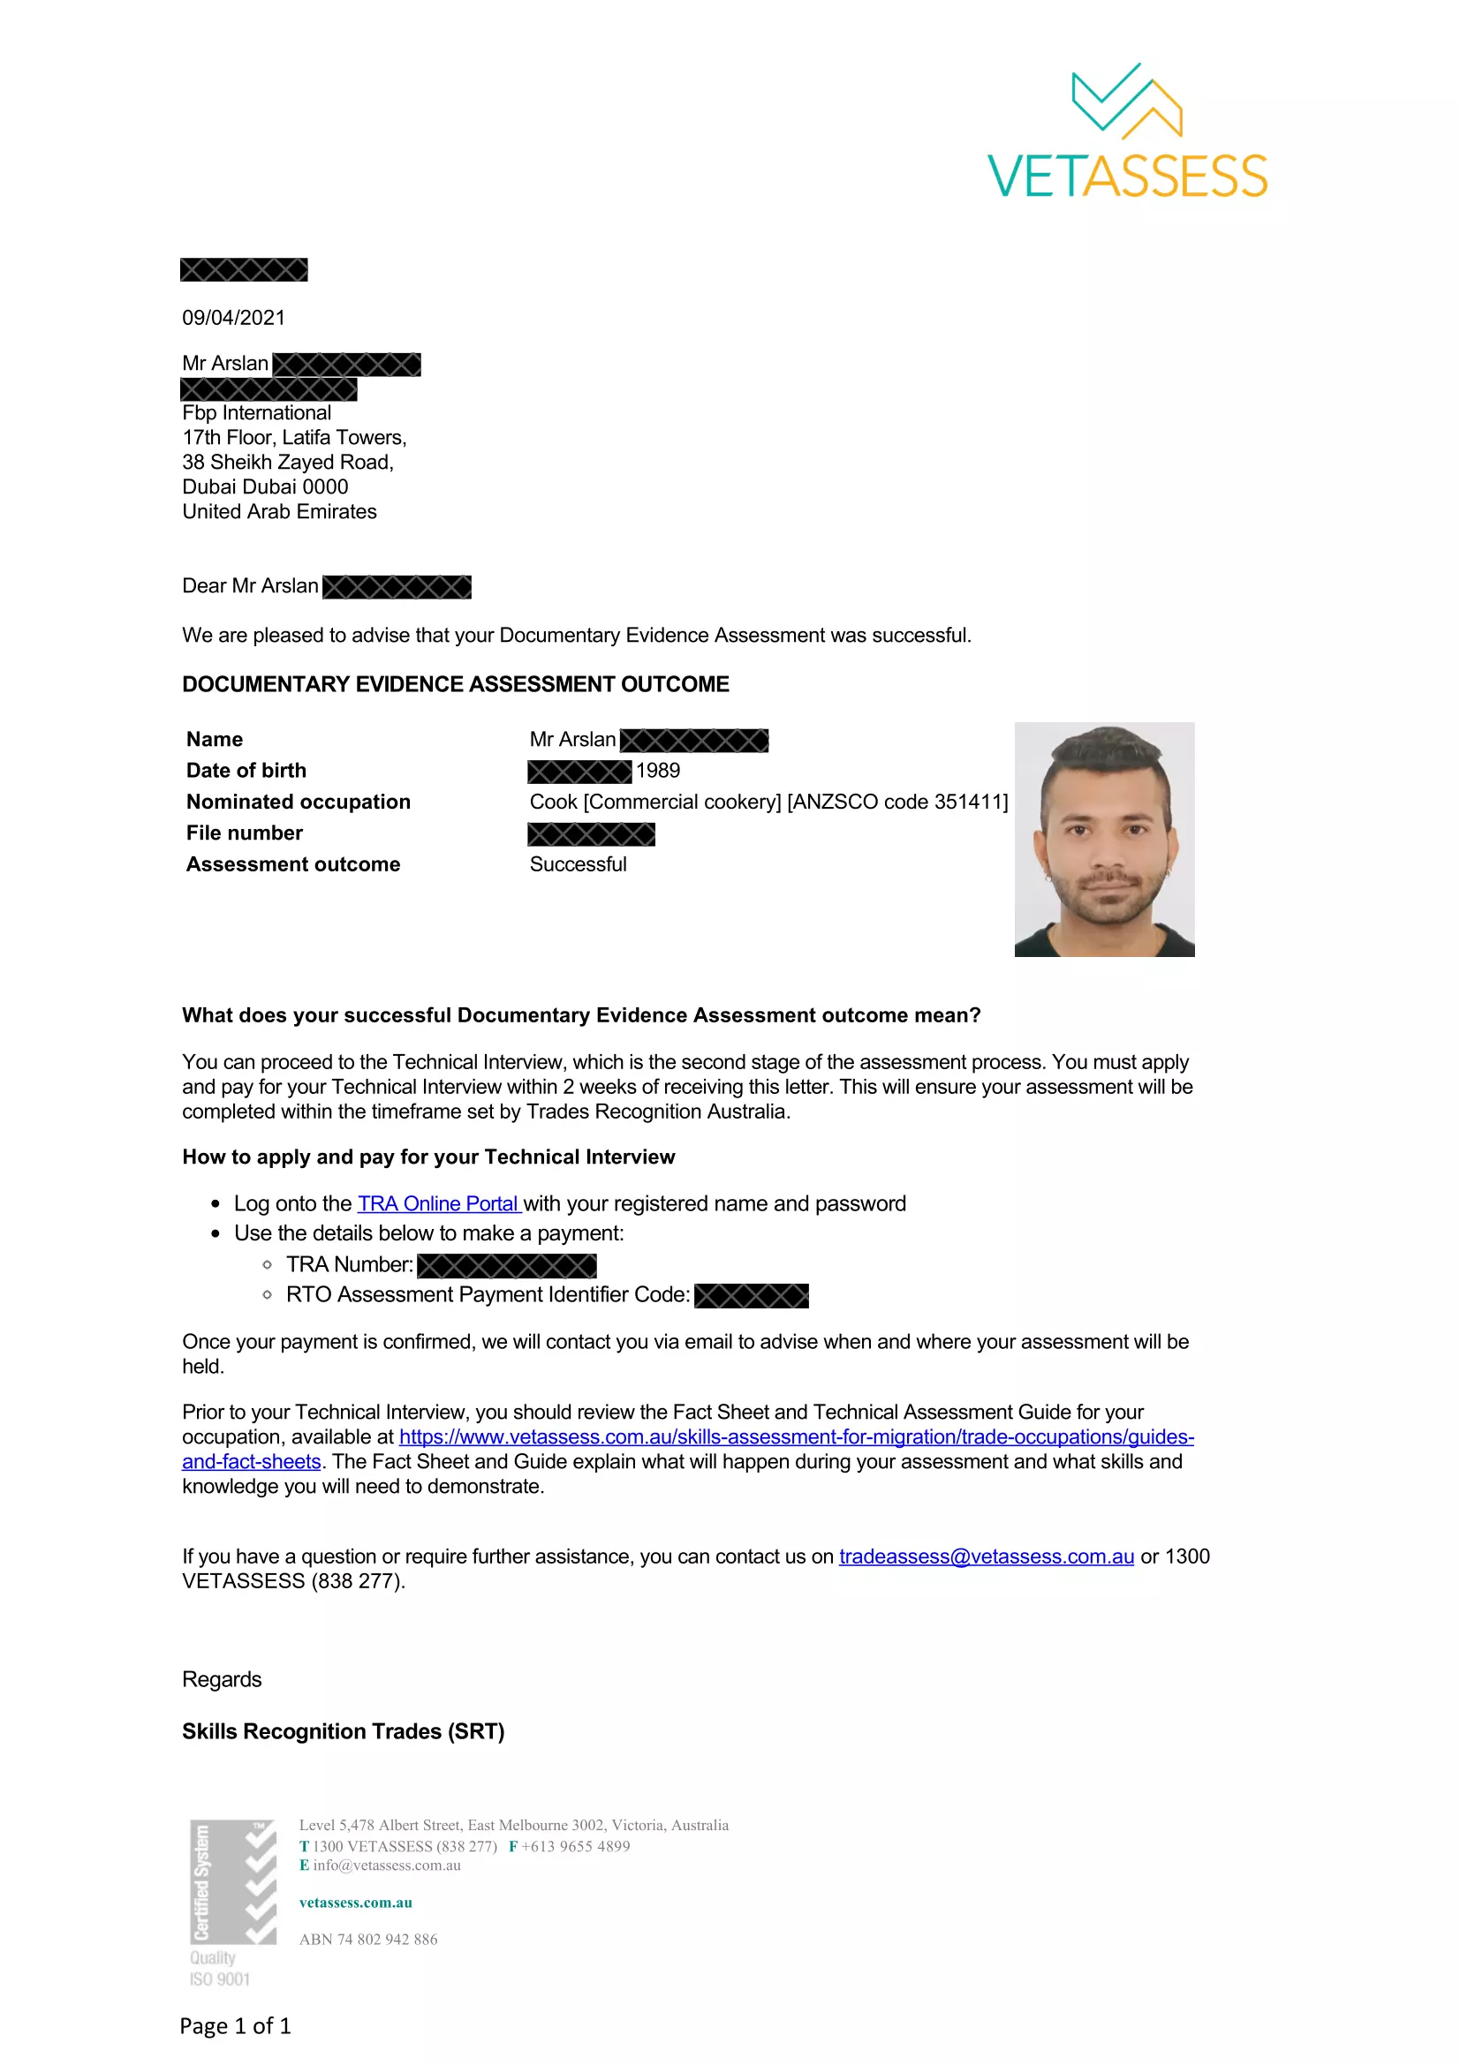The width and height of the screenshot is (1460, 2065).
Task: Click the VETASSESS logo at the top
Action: [1127, 132]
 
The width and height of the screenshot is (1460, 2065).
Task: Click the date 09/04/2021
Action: [233, 318]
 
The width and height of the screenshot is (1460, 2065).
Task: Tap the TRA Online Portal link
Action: [438, 1203]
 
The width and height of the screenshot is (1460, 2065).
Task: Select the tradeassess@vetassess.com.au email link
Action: [986, 1556]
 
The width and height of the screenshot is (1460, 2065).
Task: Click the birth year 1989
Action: [658, 771]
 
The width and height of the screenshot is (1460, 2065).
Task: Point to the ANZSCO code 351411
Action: [968, 802]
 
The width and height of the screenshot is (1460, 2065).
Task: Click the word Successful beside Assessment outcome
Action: [578, 864]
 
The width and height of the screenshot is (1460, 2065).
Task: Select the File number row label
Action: [244, 833]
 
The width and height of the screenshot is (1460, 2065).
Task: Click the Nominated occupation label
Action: [298, 802]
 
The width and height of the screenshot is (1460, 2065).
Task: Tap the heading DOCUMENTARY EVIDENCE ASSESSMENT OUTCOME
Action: [455, 684]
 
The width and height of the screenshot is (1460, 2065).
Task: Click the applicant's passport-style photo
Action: [1104, 838]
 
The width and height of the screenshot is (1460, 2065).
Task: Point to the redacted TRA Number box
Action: [506, 1265]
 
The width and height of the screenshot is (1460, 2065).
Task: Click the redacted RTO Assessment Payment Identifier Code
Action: [751, 1295]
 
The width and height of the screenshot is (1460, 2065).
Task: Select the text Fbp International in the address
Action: [256, 413]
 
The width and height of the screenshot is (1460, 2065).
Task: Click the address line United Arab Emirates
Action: [279, 512]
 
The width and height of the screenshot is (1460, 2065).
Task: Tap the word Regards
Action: [222, 1679]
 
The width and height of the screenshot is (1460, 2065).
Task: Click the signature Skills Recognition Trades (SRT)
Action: [343, 1731]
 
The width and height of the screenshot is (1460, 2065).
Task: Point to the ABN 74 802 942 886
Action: [368, 1939]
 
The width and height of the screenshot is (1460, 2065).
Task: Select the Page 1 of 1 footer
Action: [235, 2025]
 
